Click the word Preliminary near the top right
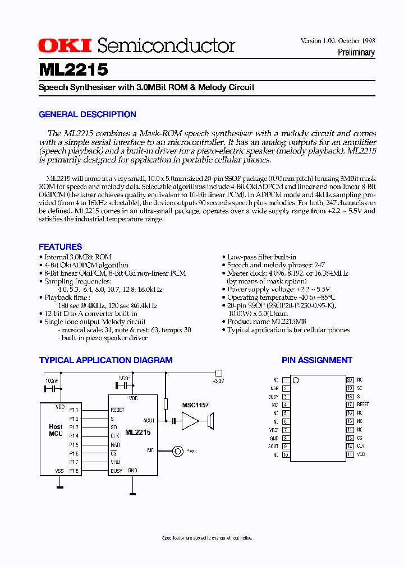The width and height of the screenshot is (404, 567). click(x=356, y=53)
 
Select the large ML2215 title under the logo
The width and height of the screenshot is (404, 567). click(x=74, y=70)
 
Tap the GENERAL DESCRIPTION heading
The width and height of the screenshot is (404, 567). click(x=88, y=114)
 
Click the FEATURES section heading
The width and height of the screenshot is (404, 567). click(x=61, y=247)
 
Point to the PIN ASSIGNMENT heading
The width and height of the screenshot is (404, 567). click(x=317, y=360)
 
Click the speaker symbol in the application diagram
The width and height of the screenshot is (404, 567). click(x=211, y=420)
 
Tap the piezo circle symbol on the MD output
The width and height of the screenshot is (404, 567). click(x=178, y=450)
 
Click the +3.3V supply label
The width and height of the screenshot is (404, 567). click(x=218, y=380)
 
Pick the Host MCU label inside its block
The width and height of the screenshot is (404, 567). click(x=56, y=430)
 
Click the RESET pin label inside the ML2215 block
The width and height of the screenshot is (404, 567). click(x=117, y=410)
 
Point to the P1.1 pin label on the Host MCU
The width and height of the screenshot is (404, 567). click(x=74, y=410)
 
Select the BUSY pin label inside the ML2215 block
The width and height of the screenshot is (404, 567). click(x=117, y=471)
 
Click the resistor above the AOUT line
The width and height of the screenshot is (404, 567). click(x=166, y=403)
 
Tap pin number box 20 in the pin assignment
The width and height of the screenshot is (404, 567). click(x=350, y=380)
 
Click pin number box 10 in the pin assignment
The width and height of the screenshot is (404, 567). click(x=286, y=455)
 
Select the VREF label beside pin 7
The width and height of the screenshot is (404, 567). click(x=273, y=430)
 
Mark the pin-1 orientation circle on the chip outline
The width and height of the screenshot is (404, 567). click(x=296, y=381)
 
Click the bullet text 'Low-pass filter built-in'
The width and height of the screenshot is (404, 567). click(x=261, y=257)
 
